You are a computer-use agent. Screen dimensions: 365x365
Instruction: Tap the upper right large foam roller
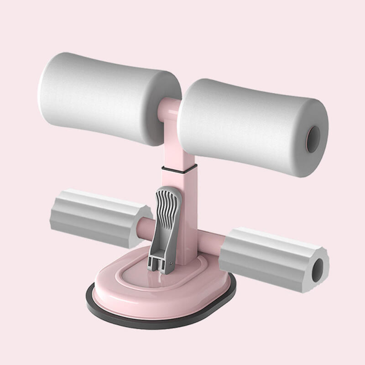(246, 123)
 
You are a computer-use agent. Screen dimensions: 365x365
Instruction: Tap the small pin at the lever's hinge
(171, 263)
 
